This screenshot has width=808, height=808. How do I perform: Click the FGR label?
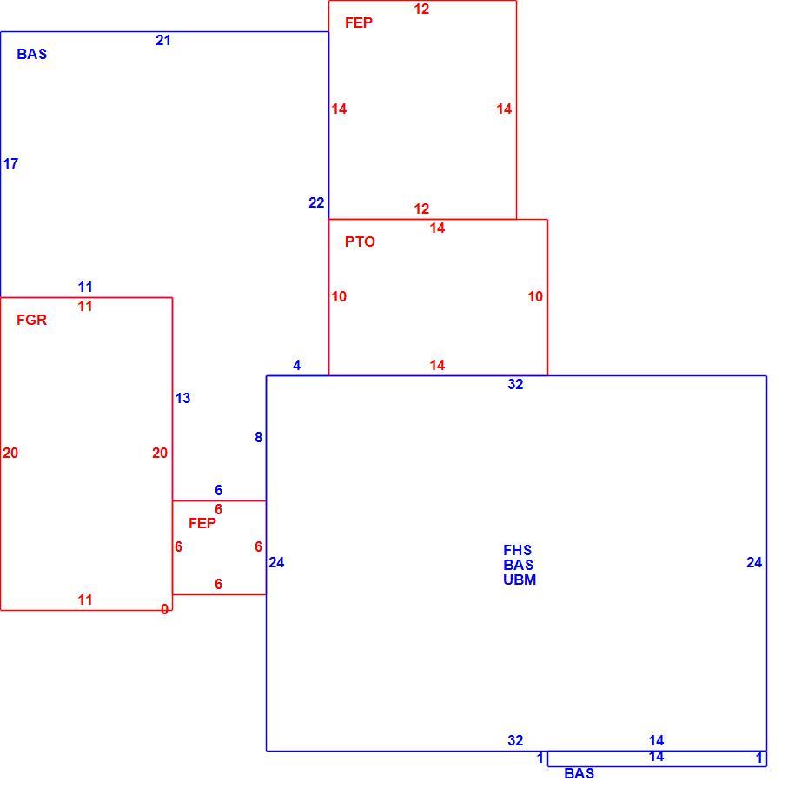[31, 320]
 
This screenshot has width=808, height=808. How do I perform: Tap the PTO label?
[360, 242]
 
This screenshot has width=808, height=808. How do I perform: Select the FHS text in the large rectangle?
[517, 550]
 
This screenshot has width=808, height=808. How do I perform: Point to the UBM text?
[520, 580]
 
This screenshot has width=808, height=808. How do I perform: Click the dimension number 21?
[163, 40]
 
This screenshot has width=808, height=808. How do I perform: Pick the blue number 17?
[10, 163]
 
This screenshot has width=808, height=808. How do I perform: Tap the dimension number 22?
[316, 203]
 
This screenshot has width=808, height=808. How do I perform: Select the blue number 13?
[183, 398]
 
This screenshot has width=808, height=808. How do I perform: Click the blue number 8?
[259, 437]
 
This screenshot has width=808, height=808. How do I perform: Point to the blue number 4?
[297, 366]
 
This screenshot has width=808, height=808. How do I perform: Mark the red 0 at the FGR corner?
[164, 609]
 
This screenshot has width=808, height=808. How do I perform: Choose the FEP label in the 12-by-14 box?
[359, 23]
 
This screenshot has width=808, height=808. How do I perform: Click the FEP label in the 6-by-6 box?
[202, 523]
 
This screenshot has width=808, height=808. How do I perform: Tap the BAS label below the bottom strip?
[580, 773]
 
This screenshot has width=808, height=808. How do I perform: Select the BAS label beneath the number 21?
[32, 54]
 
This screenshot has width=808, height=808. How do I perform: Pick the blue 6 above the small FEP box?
[218, 490]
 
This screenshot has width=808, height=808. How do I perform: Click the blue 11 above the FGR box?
[85, 287]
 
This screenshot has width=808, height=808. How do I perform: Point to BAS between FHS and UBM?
[519, 565]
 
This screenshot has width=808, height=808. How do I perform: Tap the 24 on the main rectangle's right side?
[754, 562]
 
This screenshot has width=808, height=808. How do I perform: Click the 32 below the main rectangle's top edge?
[516, 384]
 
